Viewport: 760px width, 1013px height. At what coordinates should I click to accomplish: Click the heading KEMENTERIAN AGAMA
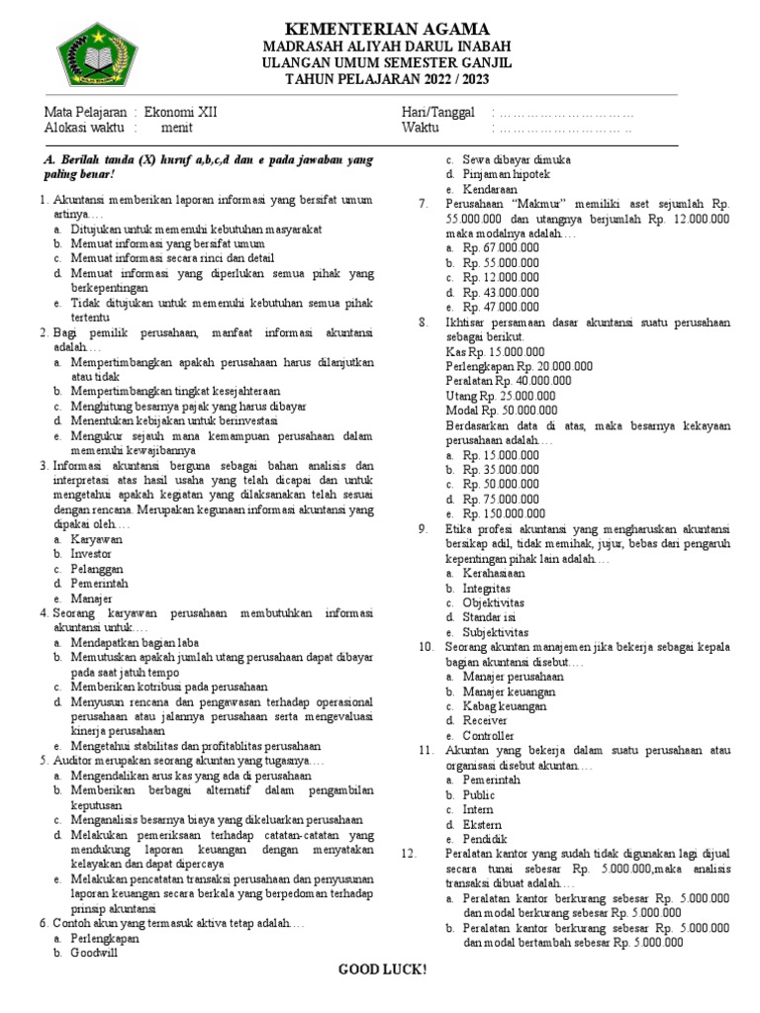pos(387,28)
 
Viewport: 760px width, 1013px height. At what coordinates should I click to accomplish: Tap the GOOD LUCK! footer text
pos(383,969)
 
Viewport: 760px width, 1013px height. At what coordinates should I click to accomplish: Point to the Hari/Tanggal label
pos(437,112)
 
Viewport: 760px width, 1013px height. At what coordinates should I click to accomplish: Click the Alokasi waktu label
pos(85,128)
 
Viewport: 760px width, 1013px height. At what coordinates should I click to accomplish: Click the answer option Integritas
pos(488,588)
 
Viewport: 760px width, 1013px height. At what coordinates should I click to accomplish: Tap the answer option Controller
pos(489,736)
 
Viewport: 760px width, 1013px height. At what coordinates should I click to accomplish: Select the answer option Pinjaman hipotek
pos(509,174)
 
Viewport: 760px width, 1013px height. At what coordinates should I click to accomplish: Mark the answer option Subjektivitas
pos(496,632)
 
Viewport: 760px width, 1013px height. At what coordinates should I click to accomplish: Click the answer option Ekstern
pos(482,824)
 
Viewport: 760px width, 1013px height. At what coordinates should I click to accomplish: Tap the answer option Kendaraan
pos(491,189)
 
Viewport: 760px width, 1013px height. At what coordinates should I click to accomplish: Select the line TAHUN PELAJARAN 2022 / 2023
pos(387,80)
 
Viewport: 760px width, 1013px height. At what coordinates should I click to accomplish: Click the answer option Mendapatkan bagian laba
pos(135,643)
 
